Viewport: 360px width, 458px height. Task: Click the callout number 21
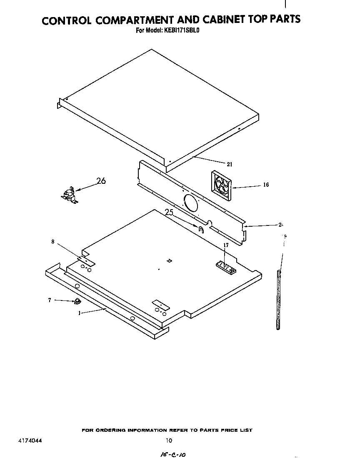tap(230, 164)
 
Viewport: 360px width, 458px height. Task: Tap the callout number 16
tap(266, 185)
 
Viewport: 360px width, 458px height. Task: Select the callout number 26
tap(101, 181)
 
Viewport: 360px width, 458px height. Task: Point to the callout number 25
tap(169, 212)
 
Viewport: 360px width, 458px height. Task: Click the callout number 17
tap(226, 245)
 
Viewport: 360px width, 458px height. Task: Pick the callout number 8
tap(53, 241)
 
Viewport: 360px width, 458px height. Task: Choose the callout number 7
tap(50, 300)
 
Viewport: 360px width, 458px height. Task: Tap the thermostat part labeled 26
tap(69, 195)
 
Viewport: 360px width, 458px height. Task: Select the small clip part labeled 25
tap(201, 228)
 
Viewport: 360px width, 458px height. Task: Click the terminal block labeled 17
tap(225, 267)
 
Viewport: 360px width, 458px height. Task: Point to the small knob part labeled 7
tap(77, 301)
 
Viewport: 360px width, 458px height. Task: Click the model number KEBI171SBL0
tap(184, 30)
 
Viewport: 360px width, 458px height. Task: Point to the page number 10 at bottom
tap(169, 440)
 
